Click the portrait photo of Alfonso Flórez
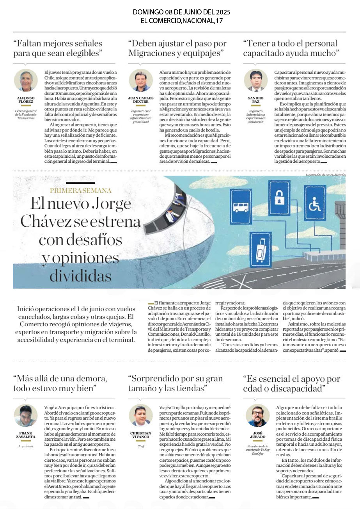click(26, 80)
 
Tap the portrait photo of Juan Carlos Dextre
click(140, 80)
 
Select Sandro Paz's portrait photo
click(255, 80)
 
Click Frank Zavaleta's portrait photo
click(26, 415)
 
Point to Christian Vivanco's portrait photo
click(140, 415)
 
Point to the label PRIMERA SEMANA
click(81, 190)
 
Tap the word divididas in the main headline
click(80, 276)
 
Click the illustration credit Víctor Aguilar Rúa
click(326, 175)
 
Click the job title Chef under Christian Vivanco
click(140, 446)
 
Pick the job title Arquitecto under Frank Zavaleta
click(26, 446)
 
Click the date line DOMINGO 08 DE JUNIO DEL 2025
click(179, 12)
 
